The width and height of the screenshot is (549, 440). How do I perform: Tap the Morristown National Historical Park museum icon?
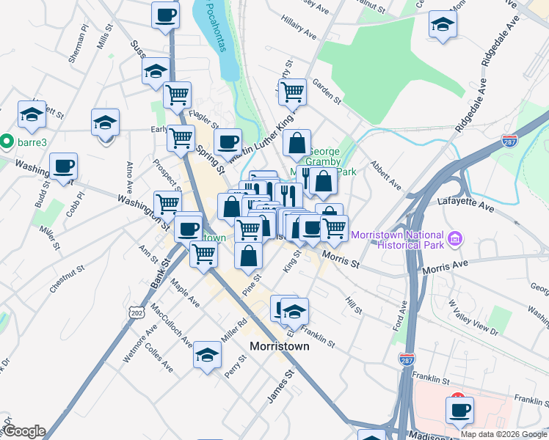pos(455,238)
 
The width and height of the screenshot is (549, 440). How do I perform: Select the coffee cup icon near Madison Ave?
pos(459,409)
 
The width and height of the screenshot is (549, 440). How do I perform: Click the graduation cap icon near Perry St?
pos(208,355)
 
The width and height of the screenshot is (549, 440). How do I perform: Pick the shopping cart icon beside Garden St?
pos(292,92)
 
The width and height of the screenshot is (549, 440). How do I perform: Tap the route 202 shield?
pos(138,313)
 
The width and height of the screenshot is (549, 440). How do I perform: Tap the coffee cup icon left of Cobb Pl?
pos(63,166)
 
